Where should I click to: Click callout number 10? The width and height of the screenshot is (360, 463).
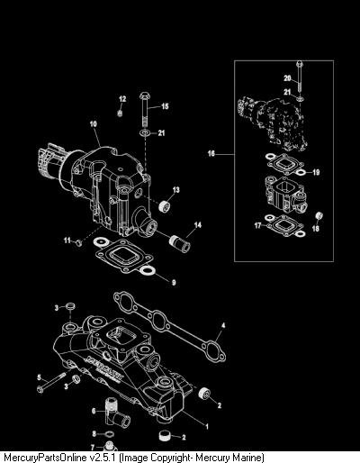(94, 123)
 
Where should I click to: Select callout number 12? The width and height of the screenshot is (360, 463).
(122, 99)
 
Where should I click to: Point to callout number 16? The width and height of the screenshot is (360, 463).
(211, 153)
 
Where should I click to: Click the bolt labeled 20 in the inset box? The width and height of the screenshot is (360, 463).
(299, 76)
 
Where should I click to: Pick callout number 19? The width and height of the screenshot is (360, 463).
(316, 172)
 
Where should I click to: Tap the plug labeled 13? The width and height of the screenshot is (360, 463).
(165, 206)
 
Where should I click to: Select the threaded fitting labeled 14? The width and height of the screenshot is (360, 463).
(180, 243)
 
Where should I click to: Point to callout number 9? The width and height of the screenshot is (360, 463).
(174, 282)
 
